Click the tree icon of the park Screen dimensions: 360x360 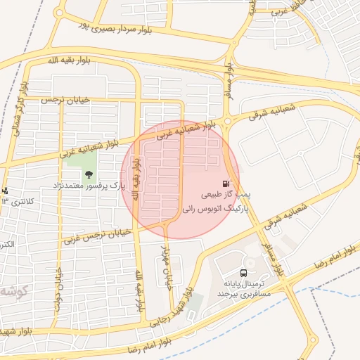point(89,174)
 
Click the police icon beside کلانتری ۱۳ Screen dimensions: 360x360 point(5,191)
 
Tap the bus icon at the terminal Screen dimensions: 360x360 point(243,273)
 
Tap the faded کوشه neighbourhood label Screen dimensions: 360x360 point(15,290)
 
